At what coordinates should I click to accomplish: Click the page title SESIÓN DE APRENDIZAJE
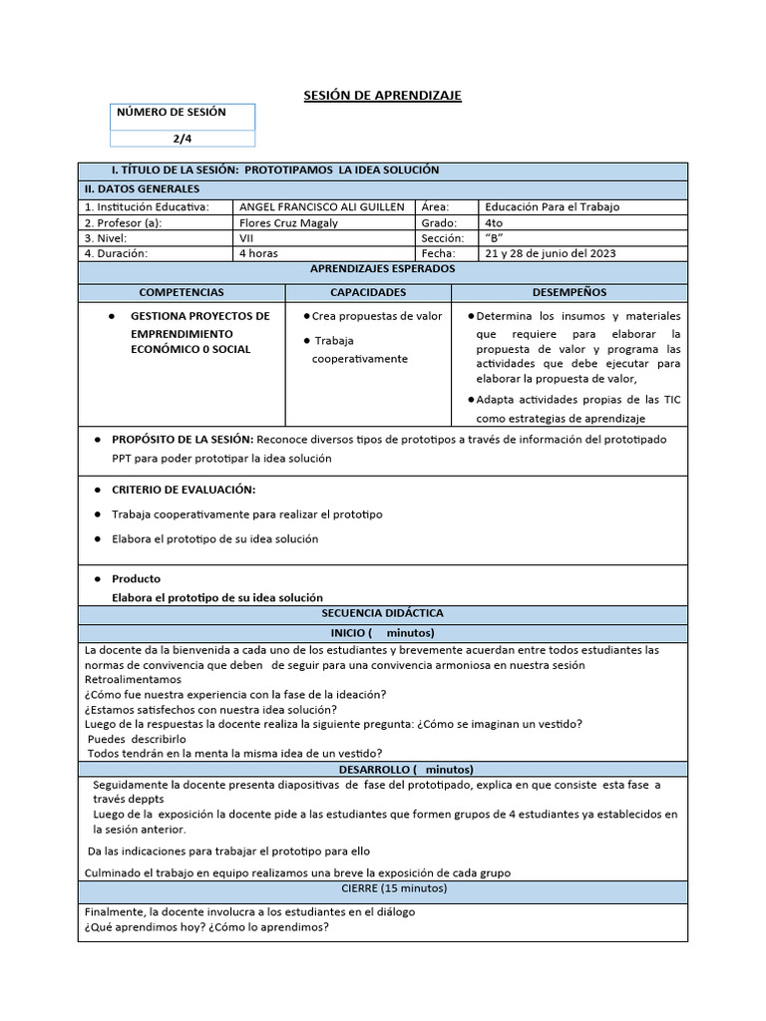coord(382,95)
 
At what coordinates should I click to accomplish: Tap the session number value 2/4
coord(185,140)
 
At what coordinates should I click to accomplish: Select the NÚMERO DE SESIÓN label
coord(172,113)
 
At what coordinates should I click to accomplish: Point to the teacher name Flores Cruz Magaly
coord(289,222)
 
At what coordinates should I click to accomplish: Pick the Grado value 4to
coord(494,222)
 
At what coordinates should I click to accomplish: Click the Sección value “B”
coord(494,238)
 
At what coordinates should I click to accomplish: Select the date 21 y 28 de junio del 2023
coord(550,253)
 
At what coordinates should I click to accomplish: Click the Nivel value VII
coord(247,238)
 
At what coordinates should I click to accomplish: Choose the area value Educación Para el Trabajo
coord(552,206)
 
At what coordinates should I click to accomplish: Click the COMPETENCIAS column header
coord(182,292)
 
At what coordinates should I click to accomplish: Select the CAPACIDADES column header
coord(368,292)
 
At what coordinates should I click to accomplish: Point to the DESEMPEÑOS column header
coord(570,292)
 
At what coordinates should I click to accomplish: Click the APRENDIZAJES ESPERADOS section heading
coord(382,269)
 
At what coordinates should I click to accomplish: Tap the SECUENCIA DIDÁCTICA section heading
coord(382,613)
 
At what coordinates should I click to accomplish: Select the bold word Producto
coord(136,578)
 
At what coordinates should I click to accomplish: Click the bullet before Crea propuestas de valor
coord(306,316)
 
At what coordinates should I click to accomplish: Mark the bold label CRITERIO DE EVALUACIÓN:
coord(184,490)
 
